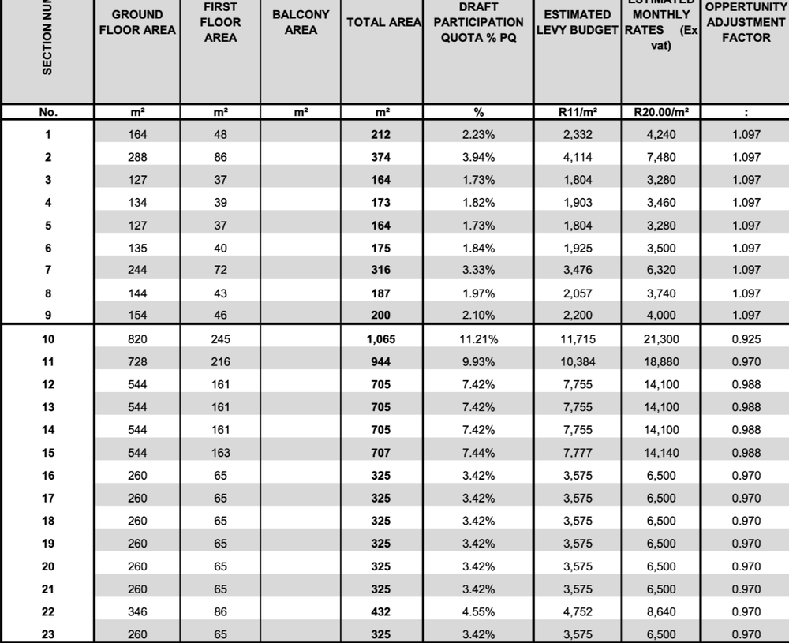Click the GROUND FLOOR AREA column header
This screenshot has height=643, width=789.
tap(137, 22)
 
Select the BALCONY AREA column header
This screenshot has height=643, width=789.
tap(301, 22)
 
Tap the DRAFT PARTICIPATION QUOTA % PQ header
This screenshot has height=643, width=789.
tap(478, 22)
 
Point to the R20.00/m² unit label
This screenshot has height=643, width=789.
tap(661, 112)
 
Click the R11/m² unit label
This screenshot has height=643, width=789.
tap(578, 112)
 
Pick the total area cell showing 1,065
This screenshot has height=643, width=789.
tap(381, 339)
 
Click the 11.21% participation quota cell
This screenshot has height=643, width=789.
tap(478, 339)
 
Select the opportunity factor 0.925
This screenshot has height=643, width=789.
tap(746, 339)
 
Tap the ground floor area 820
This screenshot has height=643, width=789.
tap(137, 339)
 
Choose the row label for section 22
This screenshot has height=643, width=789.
tap(47, 611)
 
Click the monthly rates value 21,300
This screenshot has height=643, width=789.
tap(661, 339)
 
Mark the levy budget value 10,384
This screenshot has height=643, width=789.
tap(578, 362)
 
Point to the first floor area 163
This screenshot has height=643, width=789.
tap(220, 453)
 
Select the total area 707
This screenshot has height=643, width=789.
tap(381, 453)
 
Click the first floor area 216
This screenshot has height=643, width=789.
tap(220, 362)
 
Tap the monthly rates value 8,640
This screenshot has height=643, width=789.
tap(661, 611)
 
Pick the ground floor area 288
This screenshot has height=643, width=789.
tap(137, 157)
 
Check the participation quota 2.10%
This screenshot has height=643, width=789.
tap(478, 316)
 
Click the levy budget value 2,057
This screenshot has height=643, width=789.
tap(578, 293)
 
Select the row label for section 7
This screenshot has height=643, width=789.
tap(47, 270)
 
